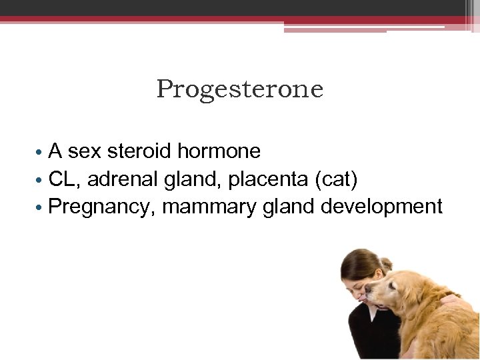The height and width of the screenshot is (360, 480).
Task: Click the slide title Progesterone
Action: [240, 89]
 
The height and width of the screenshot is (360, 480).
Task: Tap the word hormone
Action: [219, 151]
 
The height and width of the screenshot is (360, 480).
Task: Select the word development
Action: [381, 207]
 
